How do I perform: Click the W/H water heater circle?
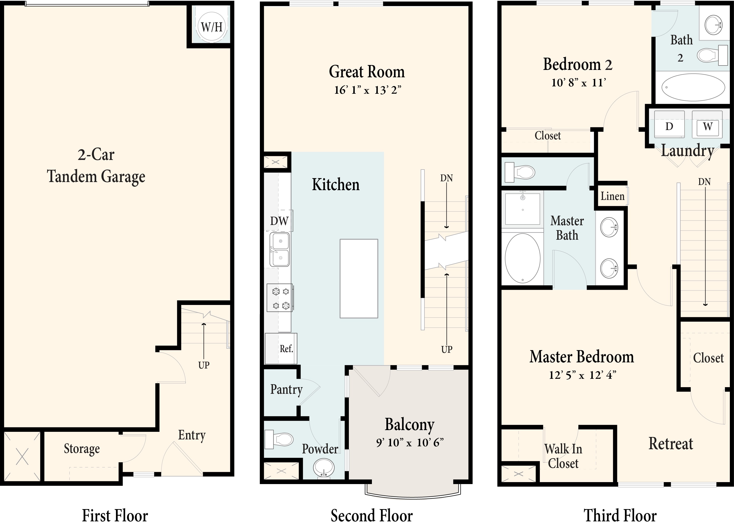pos(212,26)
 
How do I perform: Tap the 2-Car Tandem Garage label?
pos(96,166)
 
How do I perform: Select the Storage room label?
pos(82,449)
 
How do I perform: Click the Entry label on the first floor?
pos(192,435)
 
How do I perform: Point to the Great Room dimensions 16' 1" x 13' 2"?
pos(368,90)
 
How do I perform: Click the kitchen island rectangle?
pos(359,278)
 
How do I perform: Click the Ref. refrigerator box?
pos(281,349)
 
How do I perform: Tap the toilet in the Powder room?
pos(279,440)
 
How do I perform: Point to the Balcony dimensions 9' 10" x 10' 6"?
pos(410,442)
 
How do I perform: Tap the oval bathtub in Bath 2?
pos(693,87)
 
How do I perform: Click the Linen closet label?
pos(613,196)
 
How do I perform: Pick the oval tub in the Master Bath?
pos(523,258)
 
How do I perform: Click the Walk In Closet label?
pos(563,456)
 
